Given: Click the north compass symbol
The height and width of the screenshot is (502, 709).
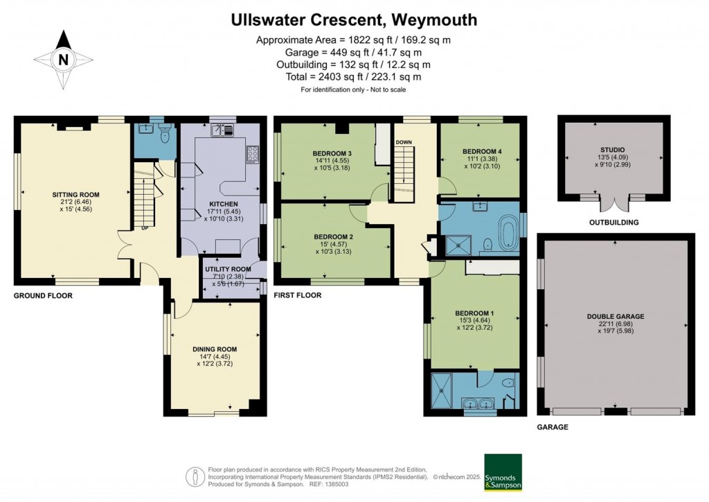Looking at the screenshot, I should coord(63,60).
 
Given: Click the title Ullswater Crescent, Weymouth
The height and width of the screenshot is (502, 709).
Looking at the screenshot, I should coord(354,20).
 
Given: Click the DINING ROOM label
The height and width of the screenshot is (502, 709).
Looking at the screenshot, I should coord(215,349).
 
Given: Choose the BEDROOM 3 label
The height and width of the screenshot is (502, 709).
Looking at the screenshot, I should coord(332,153).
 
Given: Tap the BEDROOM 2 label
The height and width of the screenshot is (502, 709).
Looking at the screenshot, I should coord(332,237).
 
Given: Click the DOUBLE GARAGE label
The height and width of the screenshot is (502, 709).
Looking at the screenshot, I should coord(615,316).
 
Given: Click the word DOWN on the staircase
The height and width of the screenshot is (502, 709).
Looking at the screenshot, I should coord(404,142).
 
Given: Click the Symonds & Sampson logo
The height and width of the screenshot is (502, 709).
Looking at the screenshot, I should coord(503,472).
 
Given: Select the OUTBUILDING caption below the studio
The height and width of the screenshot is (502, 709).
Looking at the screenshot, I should coord(613,223).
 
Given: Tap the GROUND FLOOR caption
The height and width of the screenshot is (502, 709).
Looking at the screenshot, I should coord(43,295).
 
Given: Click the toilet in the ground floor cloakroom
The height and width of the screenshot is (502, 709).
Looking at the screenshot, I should coord(164,135).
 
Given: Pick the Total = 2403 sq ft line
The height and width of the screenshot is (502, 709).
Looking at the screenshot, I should coord(354,77).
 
